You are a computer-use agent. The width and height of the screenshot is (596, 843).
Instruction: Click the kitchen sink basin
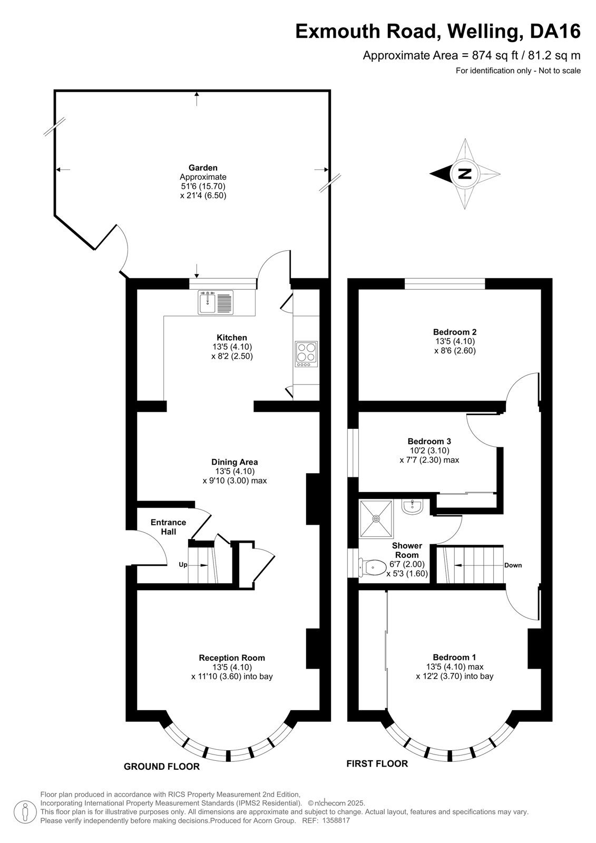(x=207, y=302)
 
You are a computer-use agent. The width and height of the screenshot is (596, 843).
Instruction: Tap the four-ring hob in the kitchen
(x=306, y=354)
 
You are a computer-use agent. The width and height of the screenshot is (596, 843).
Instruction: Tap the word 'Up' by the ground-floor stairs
(x=183, y=565)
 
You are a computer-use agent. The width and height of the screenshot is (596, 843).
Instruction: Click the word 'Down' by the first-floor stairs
(x=513, y=565)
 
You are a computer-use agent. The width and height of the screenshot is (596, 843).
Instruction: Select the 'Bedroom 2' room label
(x=455, y=332)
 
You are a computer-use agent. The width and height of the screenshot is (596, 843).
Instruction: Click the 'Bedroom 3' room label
(x=429, y=441)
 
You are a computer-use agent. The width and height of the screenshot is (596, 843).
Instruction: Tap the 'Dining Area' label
(x=235, y=462)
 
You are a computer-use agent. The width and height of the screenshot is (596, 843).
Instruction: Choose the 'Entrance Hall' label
(x=168, y=527)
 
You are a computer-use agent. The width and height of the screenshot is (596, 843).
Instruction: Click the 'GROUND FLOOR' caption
(x=162, y=767)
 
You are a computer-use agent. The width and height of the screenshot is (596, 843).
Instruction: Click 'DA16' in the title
(x=555, y=31)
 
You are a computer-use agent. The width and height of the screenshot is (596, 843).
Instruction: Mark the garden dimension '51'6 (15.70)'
(x=203, y=187)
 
